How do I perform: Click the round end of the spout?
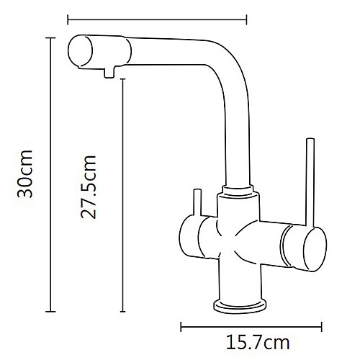pos(81,52)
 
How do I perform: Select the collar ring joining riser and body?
pos(239,191)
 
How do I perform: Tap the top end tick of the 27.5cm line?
pos(122,79)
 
